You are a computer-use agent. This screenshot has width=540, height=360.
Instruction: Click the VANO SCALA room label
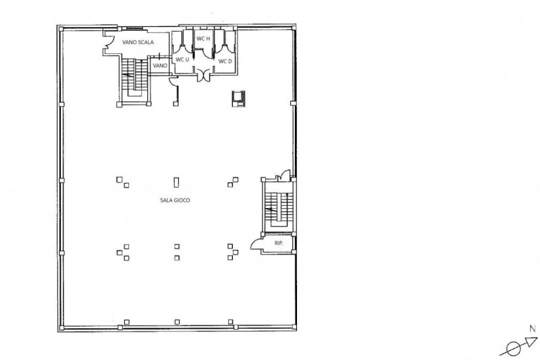click(x=138, y=43)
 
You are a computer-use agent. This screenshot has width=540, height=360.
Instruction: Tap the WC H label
click(x=203, y=38)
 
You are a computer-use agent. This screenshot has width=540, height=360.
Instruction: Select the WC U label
click(x=182, y=59)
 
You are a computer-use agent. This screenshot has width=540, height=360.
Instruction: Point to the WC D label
click(x=225, y=61)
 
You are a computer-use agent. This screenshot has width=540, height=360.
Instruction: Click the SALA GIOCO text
click(x=175, y=200)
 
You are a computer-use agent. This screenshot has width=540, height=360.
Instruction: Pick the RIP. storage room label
click(x=279, y=243)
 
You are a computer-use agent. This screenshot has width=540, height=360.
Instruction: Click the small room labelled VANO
click(x=160, y=66)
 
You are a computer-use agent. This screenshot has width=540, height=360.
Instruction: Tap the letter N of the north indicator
click(x=533, y=329)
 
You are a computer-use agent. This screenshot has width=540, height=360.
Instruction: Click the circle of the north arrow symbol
click(x=514, y=349)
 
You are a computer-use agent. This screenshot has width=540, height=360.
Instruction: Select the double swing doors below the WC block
click(x=204, y=75)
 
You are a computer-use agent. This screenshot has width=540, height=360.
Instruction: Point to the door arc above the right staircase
click(x=286, y=174)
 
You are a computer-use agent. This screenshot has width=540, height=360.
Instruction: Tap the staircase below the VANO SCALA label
click(x=134, y=78)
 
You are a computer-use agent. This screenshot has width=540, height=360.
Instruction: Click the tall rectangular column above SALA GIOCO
click(x=176, y=182)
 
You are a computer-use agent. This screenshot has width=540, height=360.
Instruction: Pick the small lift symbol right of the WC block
click(x=238, y=99)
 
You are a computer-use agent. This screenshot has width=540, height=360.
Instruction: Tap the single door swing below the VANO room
click(x=173, y=82)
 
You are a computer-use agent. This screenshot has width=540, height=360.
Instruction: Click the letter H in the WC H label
click(x=208, y=38)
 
